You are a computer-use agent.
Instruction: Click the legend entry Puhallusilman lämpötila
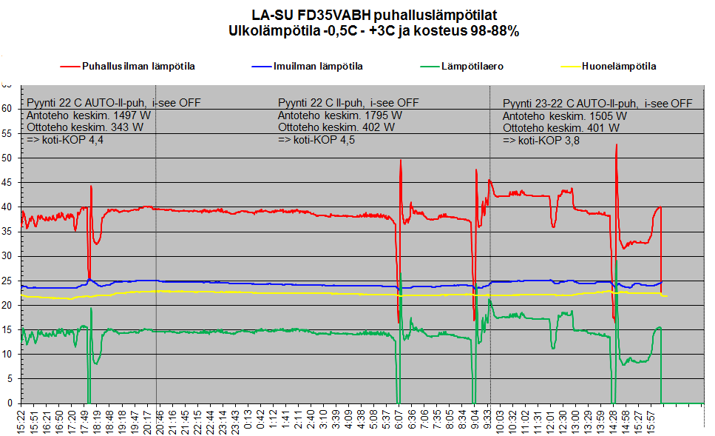pyautogui.click(x=128, y=67)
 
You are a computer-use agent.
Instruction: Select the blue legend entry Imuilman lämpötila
pyautogui.click(x=308, y=67)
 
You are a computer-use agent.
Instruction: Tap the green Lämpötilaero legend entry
pyautogui.click(x=462, y=67)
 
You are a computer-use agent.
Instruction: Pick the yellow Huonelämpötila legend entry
pyautogui.click(x=609, y=67)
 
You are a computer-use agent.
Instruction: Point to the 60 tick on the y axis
pyautogui.click(x=7, y=109)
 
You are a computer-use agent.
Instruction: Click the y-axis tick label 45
pyautogui.click(x=7, y=183)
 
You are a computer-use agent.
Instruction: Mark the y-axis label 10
pyautogui.click(x=7, y=355)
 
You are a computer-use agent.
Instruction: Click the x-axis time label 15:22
pyautogui.click(x=21, y=421)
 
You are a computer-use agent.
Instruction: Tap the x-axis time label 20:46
pyautogui.click(x=160, y=421)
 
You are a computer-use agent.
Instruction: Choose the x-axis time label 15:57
pyautogui.click(x=651, y=421)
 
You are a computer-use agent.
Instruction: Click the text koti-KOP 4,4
pyautogui.click(x=73, y=140)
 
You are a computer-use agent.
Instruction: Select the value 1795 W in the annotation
pyautogui.click(x=384, y=115)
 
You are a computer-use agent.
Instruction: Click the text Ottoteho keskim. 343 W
pyautogui.click(x=85, y=127)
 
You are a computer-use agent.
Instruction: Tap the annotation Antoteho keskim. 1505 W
pyautogui.click(x=564, y=116)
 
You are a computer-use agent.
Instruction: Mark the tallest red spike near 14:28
pyautogui.click(x=617, y=145)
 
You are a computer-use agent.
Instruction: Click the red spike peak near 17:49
pyautogui.click(x=91, y=186)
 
